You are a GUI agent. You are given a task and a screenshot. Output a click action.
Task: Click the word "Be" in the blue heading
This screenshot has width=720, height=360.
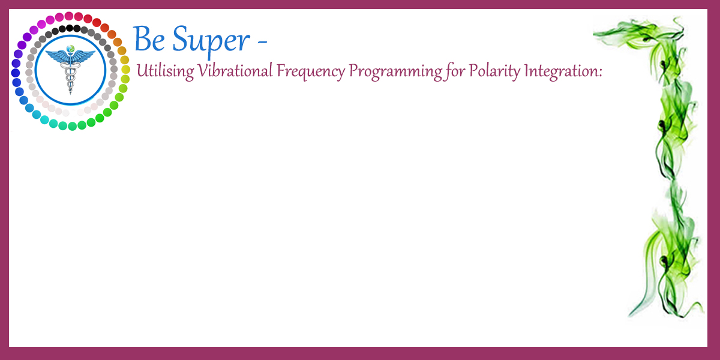pos(149,39)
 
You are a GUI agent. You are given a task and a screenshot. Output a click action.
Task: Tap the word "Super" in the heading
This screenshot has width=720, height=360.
pos(211,42)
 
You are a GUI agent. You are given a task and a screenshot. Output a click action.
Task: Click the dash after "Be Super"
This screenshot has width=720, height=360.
pos(262,41)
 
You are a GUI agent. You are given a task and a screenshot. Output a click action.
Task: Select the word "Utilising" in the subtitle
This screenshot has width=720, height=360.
pos(165,71)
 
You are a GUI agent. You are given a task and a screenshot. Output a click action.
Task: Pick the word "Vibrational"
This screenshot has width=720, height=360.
pos(235,70)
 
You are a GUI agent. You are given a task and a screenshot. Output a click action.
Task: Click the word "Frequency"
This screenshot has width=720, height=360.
pos(311,71)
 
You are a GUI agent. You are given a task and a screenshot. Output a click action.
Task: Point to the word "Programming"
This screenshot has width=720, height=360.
pos(395,71)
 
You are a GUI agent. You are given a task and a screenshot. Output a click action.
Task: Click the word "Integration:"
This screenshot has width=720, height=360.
pos(563,71)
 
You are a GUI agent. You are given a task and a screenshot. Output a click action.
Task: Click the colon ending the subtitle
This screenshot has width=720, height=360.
pos(600,73)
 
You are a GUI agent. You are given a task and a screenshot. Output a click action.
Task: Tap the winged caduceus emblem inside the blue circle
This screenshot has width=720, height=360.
pos(70,70)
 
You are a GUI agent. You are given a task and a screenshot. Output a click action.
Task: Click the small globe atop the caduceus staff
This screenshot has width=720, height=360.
pos(70,49)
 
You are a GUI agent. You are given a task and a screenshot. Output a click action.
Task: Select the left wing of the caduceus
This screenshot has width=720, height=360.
pos(57,56)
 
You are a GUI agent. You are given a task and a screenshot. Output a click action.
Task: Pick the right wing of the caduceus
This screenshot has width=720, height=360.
pos(83,56)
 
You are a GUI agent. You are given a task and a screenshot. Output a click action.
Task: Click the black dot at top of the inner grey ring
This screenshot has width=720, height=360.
pos(70,28)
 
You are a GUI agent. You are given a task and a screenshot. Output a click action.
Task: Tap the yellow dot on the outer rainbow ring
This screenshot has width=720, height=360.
pos(125,70)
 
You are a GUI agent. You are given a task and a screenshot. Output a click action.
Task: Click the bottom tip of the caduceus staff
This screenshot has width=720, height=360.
pos(70,94)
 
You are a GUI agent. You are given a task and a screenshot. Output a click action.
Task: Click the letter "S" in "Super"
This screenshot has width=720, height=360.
pos(181,39)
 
